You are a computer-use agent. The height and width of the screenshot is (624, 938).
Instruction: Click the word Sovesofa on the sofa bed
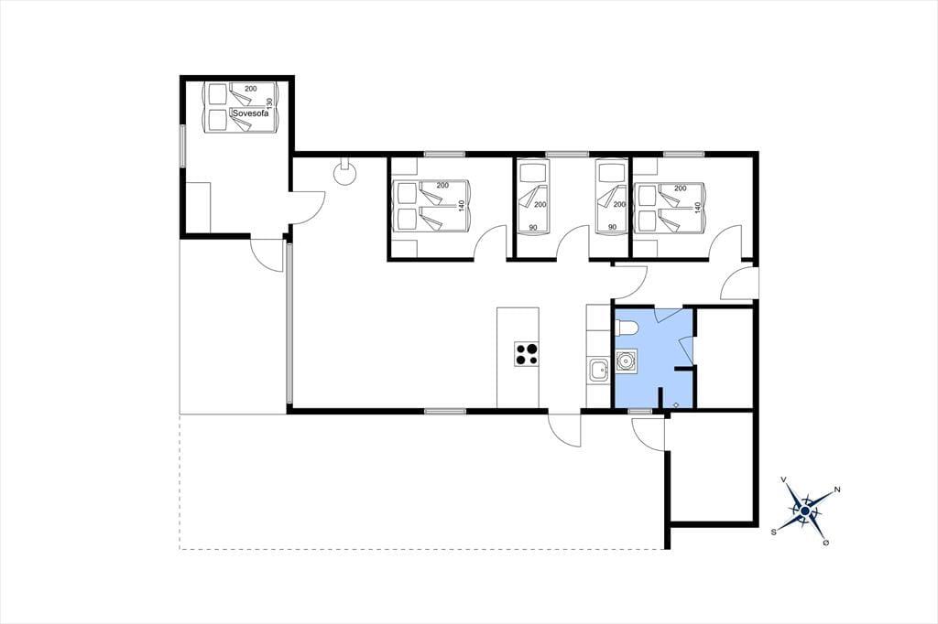click(251, 113)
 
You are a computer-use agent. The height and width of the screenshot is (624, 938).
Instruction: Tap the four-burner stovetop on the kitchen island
click(527, 353)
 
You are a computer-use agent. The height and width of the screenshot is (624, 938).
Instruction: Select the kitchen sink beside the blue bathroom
click(598, 370)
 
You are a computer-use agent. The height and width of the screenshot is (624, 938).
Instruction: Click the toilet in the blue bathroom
click(627, 328)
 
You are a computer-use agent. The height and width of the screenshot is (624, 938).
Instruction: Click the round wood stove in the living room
click(345, 172)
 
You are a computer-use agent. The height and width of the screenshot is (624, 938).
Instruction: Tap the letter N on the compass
click(837, 490)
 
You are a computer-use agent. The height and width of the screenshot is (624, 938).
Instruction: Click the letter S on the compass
click(773, 532)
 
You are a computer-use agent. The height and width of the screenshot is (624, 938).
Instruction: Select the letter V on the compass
click(784, 479)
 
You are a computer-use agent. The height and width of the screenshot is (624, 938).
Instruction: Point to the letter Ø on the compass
click(826, 543)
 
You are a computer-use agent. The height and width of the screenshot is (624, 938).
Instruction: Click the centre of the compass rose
click(805, 511)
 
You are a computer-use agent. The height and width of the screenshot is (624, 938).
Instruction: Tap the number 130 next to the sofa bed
click(269, 104)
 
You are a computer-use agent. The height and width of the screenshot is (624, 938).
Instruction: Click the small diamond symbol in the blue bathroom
click(675, 404)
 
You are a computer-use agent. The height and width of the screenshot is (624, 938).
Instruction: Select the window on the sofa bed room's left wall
click(183, 145)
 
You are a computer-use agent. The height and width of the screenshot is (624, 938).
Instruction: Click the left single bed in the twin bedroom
click(533, 196)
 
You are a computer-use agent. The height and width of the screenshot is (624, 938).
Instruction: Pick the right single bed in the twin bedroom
click(611, 196)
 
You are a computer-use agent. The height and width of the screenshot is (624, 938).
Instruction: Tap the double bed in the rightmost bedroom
click(671, 207)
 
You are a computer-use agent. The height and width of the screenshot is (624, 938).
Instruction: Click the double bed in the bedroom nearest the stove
click(432, 206)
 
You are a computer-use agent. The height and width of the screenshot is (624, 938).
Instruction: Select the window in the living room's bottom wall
click(445, 411)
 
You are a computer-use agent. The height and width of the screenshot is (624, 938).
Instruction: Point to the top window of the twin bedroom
click(567, 155)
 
